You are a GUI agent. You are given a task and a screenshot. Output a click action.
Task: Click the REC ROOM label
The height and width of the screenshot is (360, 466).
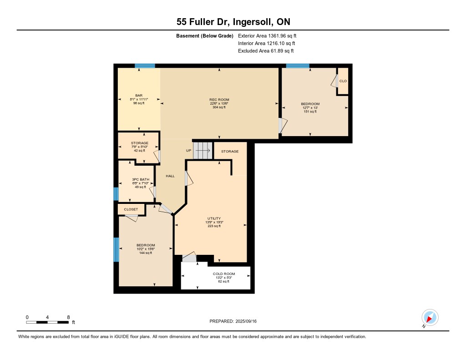219,100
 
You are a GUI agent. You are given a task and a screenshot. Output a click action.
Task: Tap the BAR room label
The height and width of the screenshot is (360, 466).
139,96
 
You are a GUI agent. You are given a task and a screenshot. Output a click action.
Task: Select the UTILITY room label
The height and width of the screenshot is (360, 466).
214,218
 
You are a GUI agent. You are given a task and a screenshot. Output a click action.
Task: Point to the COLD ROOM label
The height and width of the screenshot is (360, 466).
224,274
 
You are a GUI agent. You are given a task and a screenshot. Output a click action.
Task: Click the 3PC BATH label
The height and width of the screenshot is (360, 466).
141,179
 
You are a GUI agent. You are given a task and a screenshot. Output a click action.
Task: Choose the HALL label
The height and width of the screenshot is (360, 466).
170,176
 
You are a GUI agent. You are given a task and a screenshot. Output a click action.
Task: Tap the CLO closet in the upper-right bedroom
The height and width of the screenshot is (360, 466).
343,81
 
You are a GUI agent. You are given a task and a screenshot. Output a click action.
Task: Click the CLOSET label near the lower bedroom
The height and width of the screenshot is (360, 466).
131,209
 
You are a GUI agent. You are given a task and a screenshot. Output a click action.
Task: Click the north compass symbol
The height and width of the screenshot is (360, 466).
430,318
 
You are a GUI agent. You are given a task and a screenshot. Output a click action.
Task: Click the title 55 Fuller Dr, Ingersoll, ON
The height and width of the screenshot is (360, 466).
233,22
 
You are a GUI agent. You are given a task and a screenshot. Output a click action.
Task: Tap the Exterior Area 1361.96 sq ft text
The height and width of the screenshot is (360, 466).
267,35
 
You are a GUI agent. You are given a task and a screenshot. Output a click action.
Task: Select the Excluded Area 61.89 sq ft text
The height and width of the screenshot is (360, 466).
266,51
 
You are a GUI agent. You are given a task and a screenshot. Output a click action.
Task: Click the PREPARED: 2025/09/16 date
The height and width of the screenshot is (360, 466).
233,321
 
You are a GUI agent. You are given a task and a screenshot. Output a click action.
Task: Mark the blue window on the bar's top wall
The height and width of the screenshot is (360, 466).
145,66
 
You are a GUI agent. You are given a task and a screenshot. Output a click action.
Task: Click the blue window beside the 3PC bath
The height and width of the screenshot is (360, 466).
116,194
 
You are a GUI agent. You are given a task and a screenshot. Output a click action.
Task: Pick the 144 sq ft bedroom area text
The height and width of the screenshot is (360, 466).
146,253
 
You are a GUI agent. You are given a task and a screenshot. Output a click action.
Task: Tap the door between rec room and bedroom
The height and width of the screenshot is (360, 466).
283,126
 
